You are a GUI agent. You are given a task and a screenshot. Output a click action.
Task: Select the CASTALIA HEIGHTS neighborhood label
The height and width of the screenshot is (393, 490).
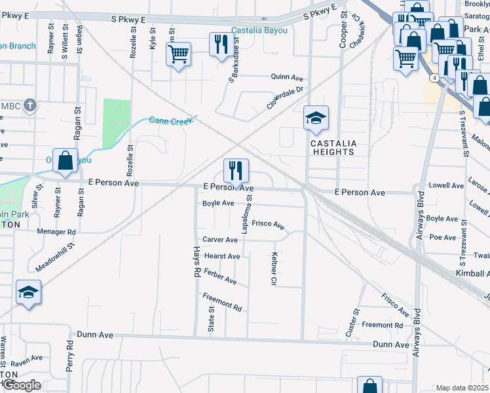pos(332,147)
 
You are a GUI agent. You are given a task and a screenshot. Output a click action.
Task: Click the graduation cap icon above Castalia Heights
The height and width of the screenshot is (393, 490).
pos(316,119)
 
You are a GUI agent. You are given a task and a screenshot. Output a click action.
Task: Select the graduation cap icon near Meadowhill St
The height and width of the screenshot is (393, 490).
pos(29,292)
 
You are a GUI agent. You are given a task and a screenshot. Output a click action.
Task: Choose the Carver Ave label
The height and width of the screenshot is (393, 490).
pos(220,240)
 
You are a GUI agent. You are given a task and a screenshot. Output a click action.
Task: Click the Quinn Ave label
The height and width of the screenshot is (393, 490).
pos(285,77)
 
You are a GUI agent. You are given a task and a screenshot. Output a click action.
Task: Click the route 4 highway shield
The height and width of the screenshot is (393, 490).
pos(434,77)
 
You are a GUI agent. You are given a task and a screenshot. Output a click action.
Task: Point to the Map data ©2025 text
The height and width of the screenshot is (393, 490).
pos(462,388)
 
